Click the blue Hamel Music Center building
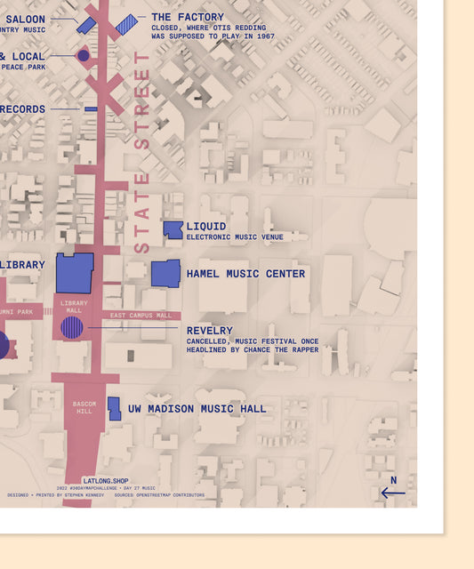(x=165, y=273)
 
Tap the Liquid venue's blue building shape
(x=173, y=230)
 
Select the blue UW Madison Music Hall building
(x=114, y=408)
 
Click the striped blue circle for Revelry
(x=72, y=327)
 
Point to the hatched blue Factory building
(x=127, y=24)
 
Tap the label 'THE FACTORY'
(x=187, y=17)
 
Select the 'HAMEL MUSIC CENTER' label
(x=245, y=274)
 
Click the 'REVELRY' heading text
(x=209, y=331)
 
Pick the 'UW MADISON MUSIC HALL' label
(x=197, y=409)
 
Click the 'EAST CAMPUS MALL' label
(x=141, y=316)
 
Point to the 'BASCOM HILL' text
(x=84, y=407)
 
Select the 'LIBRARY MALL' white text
(x=74, y=307)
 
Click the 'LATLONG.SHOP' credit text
(x=105, y=481)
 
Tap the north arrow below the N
(x=392, y=492)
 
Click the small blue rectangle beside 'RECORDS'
(x=91, y=108)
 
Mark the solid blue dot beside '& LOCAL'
(x=84, y=55)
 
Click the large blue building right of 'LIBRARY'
(x=75, y=272)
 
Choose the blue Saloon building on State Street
(x=86, y=25)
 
